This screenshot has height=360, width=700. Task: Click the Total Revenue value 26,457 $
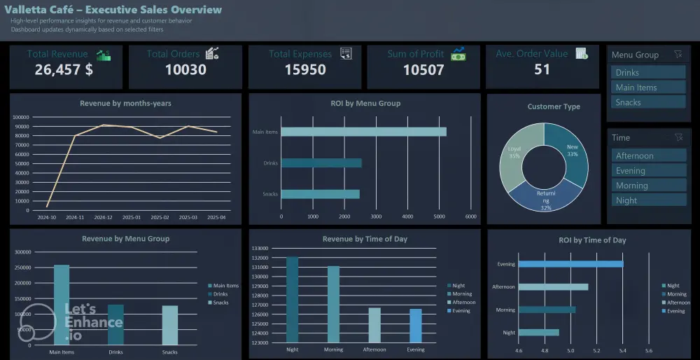click(x=64, y=69)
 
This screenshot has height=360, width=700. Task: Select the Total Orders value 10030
click(x=185, y=69)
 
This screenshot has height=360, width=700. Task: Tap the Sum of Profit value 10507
click(x=423, y=69)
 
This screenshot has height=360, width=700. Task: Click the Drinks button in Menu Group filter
click(x=647, y=72)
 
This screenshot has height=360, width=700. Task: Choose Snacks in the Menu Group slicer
click(x=647, y=102)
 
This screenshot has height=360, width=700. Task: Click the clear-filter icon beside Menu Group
click(x=677, y=55)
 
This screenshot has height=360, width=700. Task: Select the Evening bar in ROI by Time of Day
click(x=570, y=264)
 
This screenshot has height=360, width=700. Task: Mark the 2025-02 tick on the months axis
click(x=160, y=218)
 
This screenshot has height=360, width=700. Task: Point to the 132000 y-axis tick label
click(x=260, y=258)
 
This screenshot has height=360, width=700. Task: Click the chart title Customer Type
click(x=553, y=106)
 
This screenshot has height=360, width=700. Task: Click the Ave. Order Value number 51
click(x=542, y=69)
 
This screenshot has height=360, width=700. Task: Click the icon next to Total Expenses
click(x=346, y=54)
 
